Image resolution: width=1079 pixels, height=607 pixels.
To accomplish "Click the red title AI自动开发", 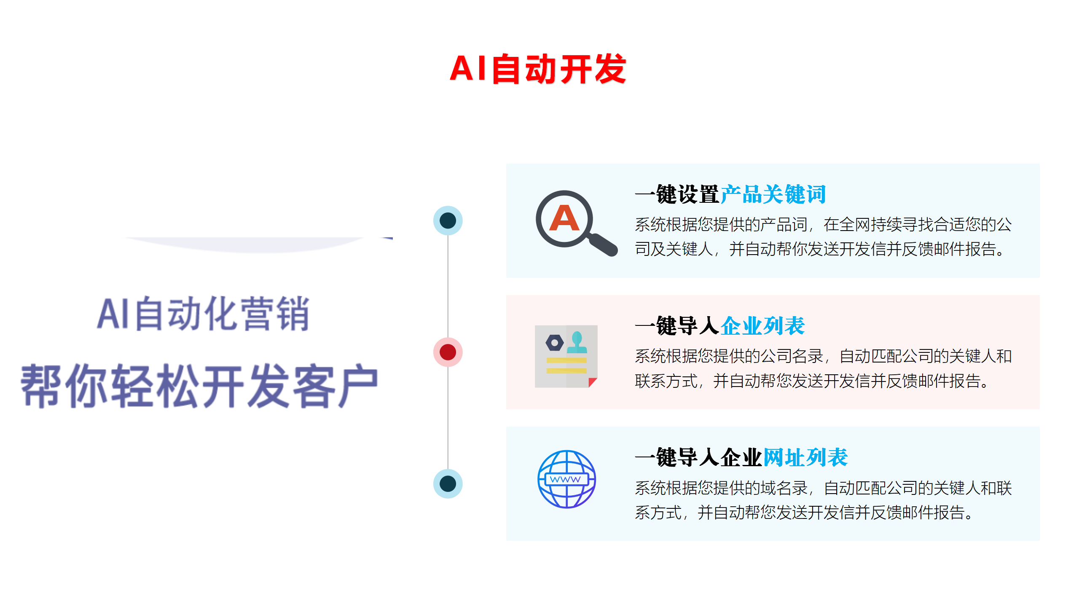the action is pos(538,69).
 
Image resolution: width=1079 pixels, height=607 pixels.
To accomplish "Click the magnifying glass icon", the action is pos(576,223).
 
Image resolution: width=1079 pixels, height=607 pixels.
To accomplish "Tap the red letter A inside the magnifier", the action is pos(564,218).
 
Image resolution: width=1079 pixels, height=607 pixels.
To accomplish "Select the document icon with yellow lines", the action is pos(566,356).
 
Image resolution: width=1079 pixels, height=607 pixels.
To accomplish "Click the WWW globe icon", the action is pos(566,479).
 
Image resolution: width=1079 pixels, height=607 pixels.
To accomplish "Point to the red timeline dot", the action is pos(448,352).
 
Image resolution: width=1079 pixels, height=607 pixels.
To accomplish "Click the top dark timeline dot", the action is pos(448,220).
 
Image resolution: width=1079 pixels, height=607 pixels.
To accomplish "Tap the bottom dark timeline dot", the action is pos(448,483).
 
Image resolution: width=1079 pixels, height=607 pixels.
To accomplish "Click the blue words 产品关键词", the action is pos(773,194).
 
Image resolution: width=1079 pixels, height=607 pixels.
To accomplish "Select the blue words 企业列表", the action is pos(762,326).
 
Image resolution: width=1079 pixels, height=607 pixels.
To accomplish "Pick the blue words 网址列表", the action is pos(805,457).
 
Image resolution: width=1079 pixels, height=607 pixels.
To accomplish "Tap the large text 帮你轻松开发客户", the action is pos(199,386).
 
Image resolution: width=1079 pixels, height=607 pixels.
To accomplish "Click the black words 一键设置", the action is pos(677,194).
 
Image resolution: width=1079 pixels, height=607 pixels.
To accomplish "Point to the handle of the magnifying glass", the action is pos(603,244).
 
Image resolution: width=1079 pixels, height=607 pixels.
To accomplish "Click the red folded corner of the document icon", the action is pos(593,382).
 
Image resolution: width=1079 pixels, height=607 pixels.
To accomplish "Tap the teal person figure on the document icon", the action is pos(577,342).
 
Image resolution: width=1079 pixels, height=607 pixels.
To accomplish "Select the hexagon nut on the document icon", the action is pos(554,343).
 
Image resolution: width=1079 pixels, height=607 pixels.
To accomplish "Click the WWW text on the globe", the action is pos(566,479).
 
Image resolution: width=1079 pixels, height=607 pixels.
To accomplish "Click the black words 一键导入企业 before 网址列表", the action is pos(699,457).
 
